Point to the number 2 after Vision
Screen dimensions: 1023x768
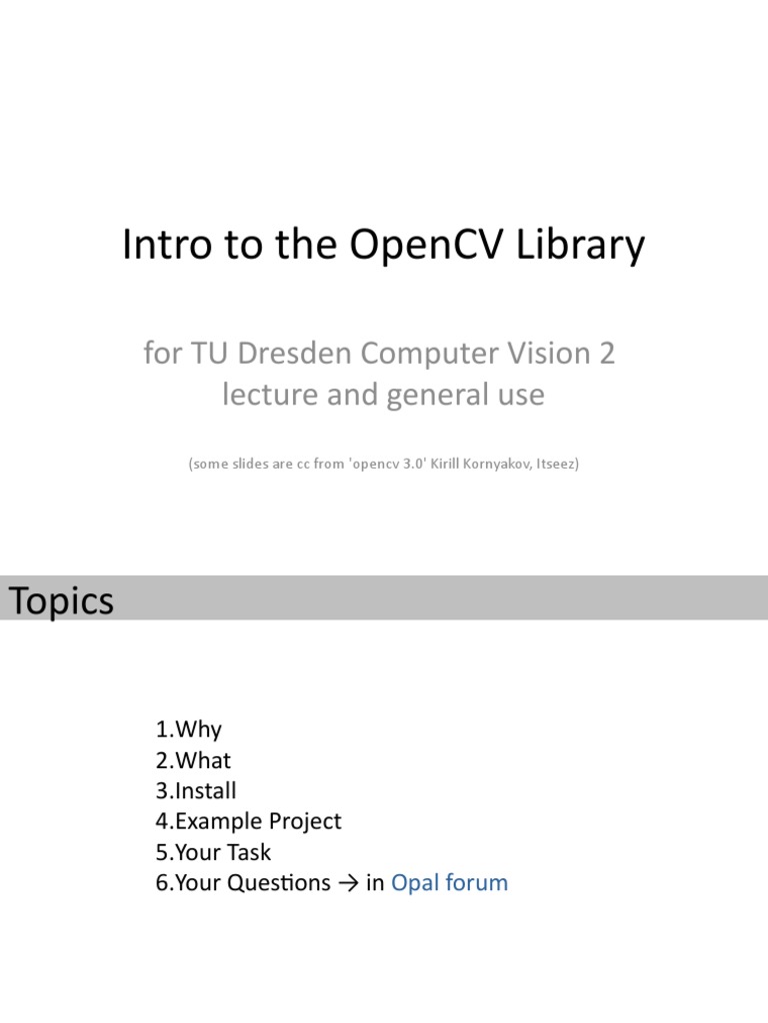coord(607,355)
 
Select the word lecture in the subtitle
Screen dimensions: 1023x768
coord(264,395)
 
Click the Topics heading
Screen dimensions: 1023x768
coord(61,600)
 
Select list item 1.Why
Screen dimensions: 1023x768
coord(188,729)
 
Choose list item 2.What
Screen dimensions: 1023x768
coord(193,760)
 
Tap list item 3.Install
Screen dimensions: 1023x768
coord(196,791)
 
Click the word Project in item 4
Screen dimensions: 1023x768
coord(305,822)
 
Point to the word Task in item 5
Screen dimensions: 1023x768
coord(250,852)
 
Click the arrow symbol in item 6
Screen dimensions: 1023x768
coord(348,883)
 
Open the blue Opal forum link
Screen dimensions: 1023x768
coord(449,883)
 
